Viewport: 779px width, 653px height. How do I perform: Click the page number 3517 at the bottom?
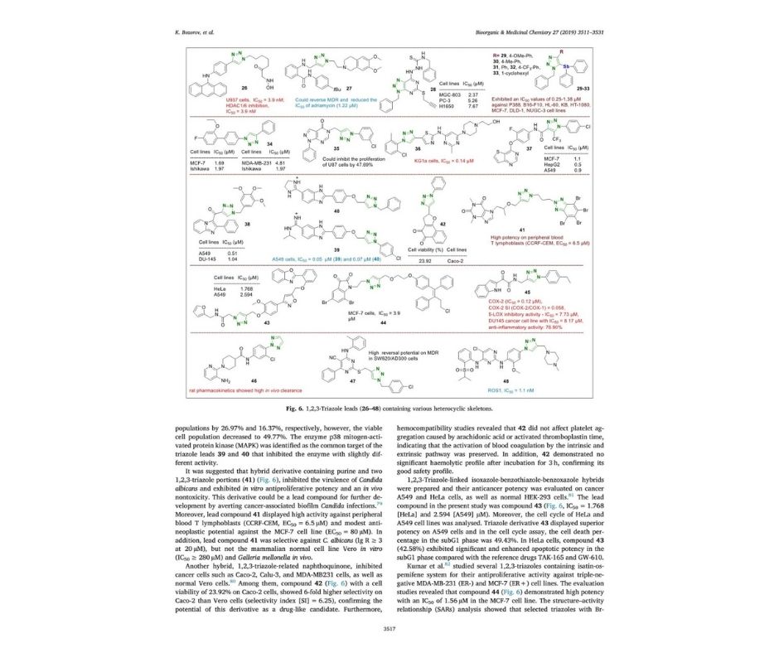[389, 629]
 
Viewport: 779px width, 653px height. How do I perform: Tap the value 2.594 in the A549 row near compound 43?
[245, 293]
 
